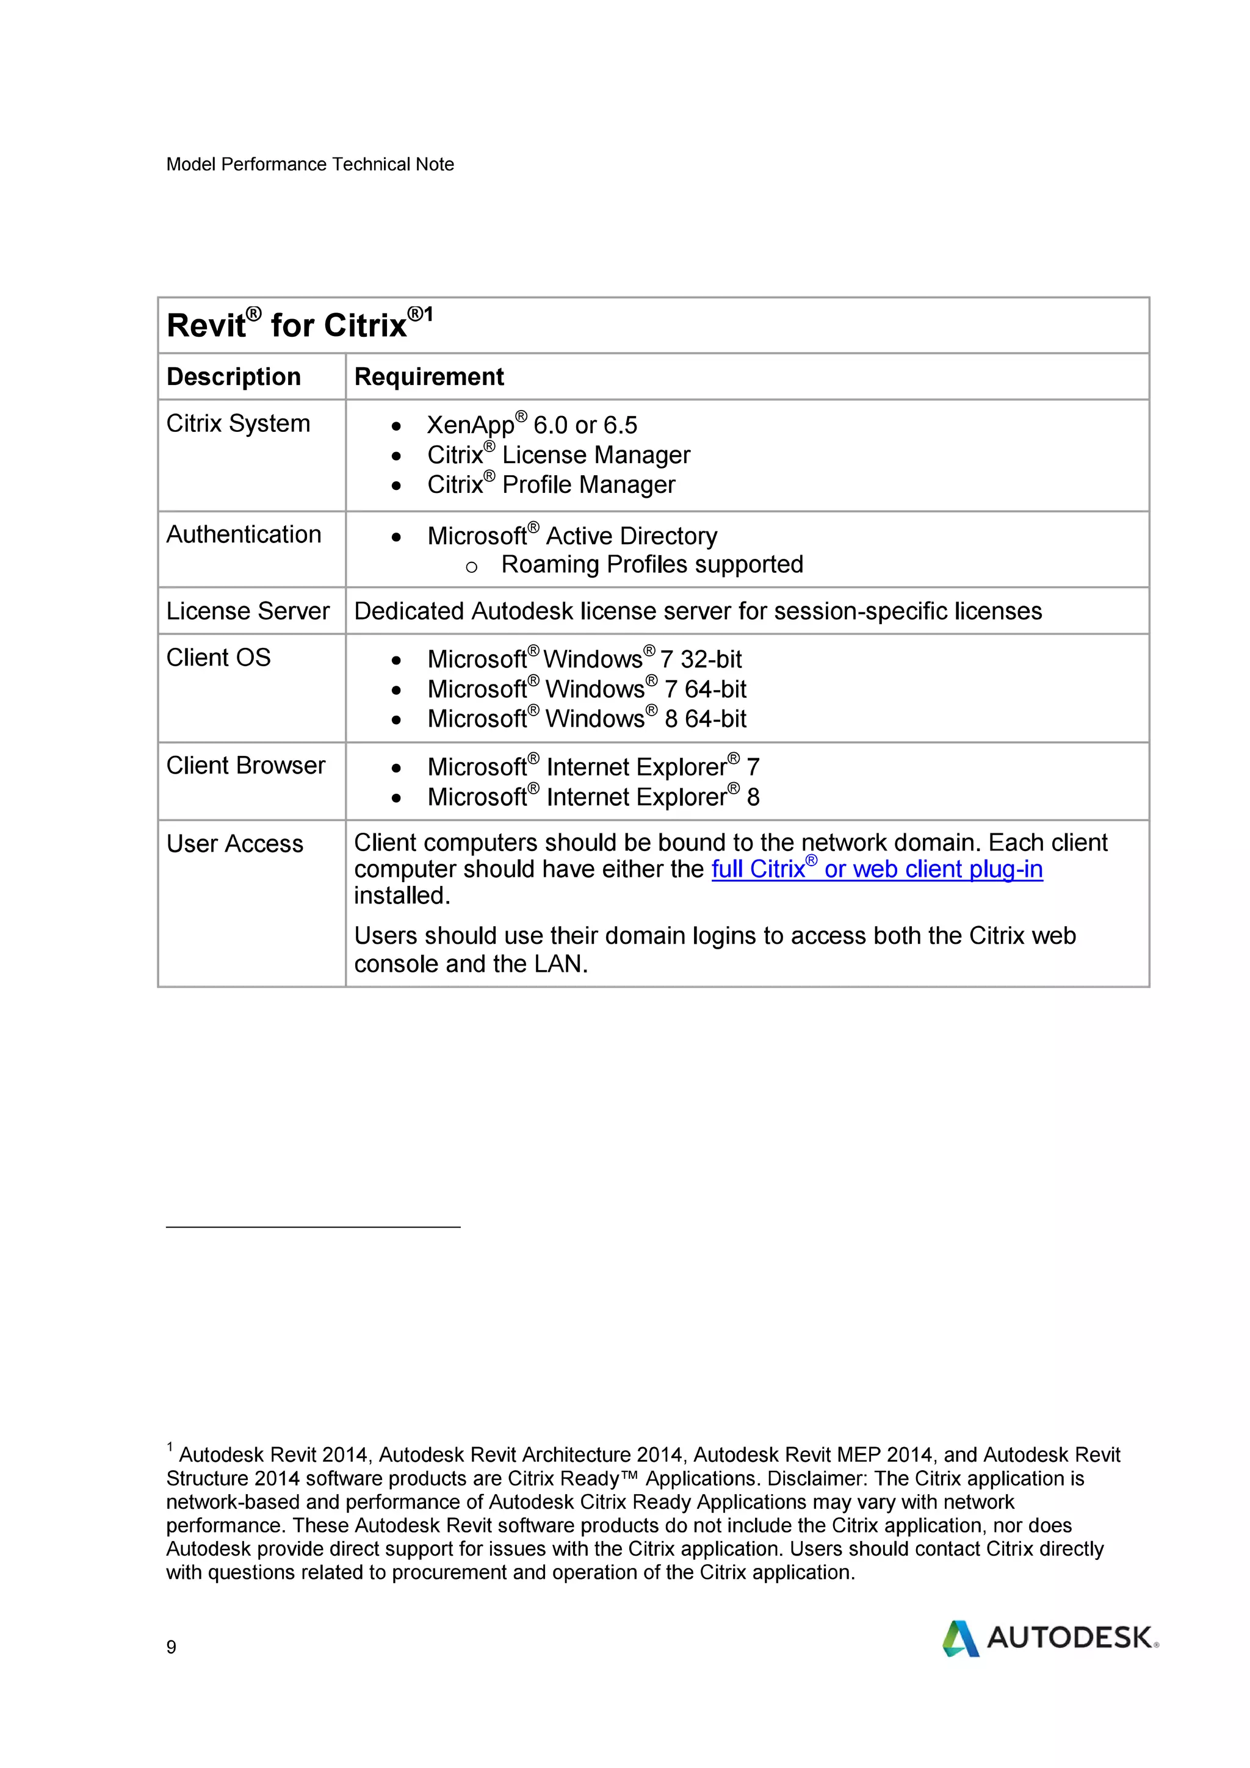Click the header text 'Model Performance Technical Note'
point(309,164)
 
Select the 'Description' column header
point(233,376)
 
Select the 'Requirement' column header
point(428,376)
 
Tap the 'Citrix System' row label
point(238,423)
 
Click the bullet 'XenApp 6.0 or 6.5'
point(532,425)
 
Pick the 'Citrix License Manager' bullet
point(558,455)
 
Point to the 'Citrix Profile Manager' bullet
point(551,484)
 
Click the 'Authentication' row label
point(244,534)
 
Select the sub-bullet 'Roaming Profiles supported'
point(652,564)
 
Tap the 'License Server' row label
point(247,611)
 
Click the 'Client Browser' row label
point(246,766)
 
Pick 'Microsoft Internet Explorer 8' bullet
point(593,796)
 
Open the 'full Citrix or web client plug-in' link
point(876,869)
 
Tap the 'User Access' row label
point(235,844)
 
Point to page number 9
point(171,1647)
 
